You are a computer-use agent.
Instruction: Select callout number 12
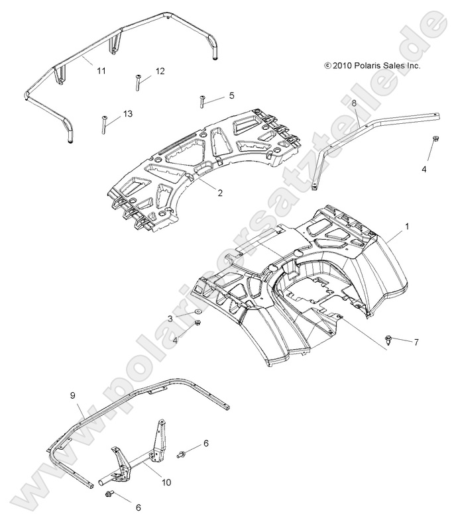(160, 71)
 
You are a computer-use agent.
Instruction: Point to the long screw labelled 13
(105, 124)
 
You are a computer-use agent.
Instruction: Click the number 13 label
(127, 114)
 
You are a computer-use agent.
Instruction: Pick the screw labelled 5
(200, 101)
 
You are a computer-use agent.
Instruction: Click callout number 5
(231, 95)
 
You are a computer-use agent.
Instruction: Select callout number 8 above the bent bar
(354, 103)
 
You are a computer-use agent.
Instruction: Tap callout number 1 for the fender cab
(407, 226)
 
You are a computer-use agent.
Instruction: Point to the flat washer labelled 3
(198, 312)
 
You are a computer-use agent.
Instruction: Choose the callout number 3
(170, 319)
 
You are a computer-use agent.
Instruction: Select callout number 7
(416, 342)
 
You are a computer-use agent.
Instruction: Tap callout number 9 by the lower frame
(73, 395)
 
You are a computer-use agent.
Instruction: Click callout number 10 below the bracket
(166, 482)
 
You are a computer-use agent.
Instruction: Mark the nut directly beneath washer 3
(198, 323)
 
